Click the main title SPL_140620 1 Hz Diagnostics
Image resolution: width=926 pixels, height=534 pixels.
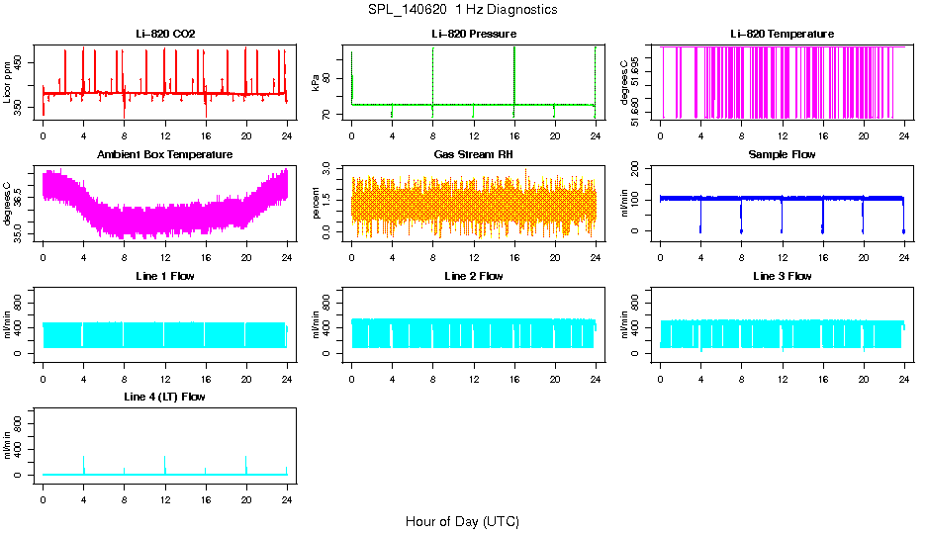pos(461,9)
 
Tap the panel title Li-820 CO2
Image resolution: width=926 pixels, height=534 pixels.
pos(165,34)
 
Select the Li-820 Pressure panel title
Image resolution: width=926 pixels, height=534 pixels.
pos(473,34)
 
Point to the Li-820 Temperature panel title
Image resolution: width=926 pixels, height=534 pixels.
pos(782,34)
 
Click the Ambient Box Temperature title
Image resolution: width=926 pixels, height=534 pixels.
pos(165,154)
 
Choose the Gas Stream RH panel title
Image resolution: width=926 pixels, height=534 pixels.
pos(473,154)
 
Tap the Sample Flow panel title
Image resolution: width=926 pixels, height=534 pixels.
pos(782,154)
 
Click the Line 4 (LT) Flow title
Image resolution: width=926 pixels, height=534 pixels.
pos(165,397)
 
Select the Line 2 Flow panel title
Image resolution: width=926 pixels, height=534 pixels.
pos(473,276)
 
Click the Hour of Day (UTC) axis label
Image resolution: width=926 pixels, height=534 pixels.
pos(462,521)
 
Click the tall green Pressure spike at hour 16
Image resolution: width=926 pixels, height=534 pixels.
pos(514,69)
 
